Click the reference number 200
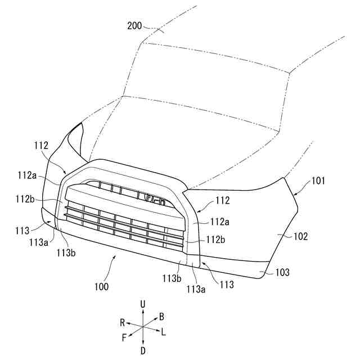135,26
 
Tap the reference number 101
318,181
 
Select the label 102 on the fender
301,237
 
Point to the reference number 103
282,272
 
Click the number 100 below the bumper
102,286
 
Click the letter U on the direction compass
143,304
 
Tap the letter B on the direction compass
161,316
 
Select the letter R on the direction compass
122,322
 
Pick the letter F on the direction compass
124,337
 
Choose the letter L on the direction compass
163,332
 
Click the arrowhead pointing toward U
143,311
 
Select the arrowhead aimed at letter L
157,331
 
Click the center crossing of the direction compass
143,327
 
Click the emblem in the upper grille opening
152,199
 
